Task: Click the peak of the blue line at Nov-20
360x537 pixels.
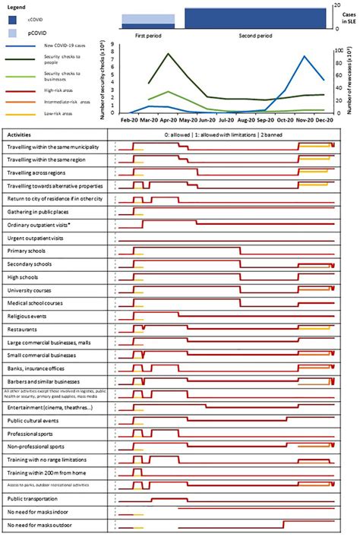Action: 305,56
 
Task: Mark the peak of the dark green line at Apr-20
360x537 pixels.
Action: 168,54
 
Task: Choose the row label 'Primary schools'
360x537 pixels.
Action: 27,251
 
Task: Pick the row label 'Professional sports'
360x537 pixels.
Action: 31,433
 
